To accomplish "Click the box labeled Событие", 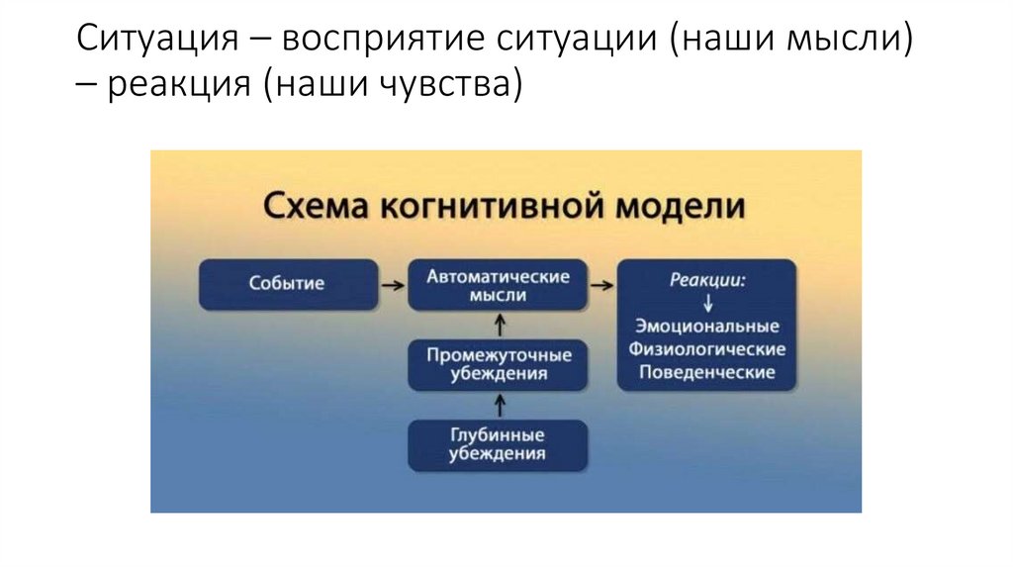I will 288,284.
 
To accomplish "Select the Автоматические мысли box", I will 499,285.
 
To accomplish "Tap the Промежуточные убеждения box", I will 499,364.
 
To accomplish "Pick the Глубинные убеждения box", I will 499,444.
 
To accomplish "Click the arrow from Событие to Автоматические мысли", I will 393,285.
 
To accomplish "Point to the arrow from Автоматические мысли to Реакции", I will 601,285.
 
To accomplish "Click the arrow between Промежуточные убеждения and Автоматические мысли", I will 500,324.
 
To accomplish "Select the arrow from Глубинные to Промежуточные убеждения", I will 500,404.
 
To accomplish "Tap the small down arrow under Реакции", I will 707,303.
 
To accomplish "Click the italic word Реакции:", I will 707,280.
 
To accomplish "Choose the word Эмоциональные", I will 707,327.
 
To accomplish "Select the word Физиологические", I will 707,349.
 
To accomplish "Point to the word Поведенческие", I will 707,373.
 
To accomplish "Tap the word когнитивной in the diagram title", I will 477,208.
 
